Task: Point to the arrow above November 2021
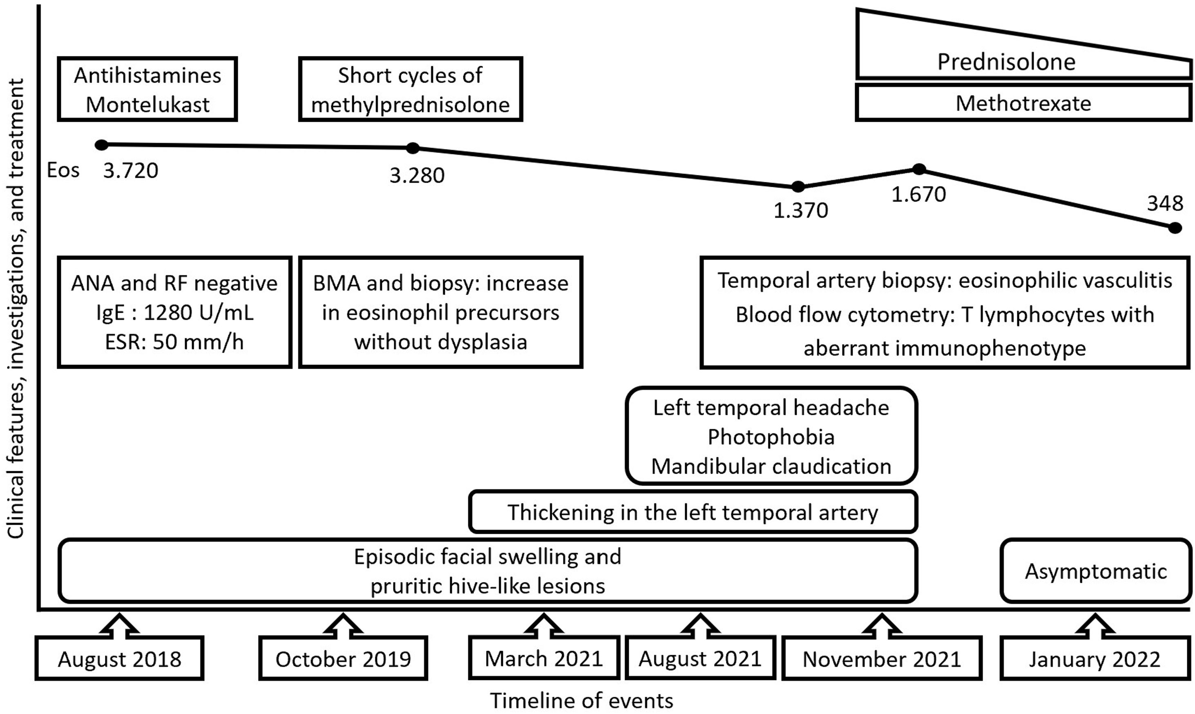pyautogui.click(x=882, y=624)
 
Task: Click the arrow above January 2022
pyautogui.click(x=1095, y=624)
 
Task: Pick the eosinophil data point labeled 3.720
pyautogui.click(x=101, y=145)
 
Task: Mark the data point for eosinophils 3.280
pyautogui.click(x=413, y=148)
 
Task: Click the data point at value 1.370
pyautogui.click(x=798, y=187)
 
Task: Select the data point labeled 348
pyautogui.click(x=1175, y=228)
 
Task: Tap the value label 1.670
pyautogui.click(x=918, y=195)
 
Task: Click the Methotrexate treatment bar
pyautogui.click(x=1023, y=103)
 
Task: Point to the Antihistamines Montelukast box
pyautogui.click(x=147, y=90)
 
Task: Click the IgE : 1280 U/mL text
pyautogui.click(x=174, y=313)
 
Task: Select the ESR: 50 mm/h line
pyautogui.click(x=174, y=342)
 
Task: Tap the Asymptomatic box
pyautogui.click(x=1095, y=571)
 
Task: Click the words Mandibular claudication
pyautogui.click(x=771, y=466)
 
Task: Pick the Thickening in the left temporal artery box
pyautogui.click(x=692, y=512)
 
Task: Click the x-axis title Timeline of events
pyautogui.click(x=581, y=701)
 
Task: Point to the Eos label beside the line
pyautogui.click(x=63, y=170)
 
